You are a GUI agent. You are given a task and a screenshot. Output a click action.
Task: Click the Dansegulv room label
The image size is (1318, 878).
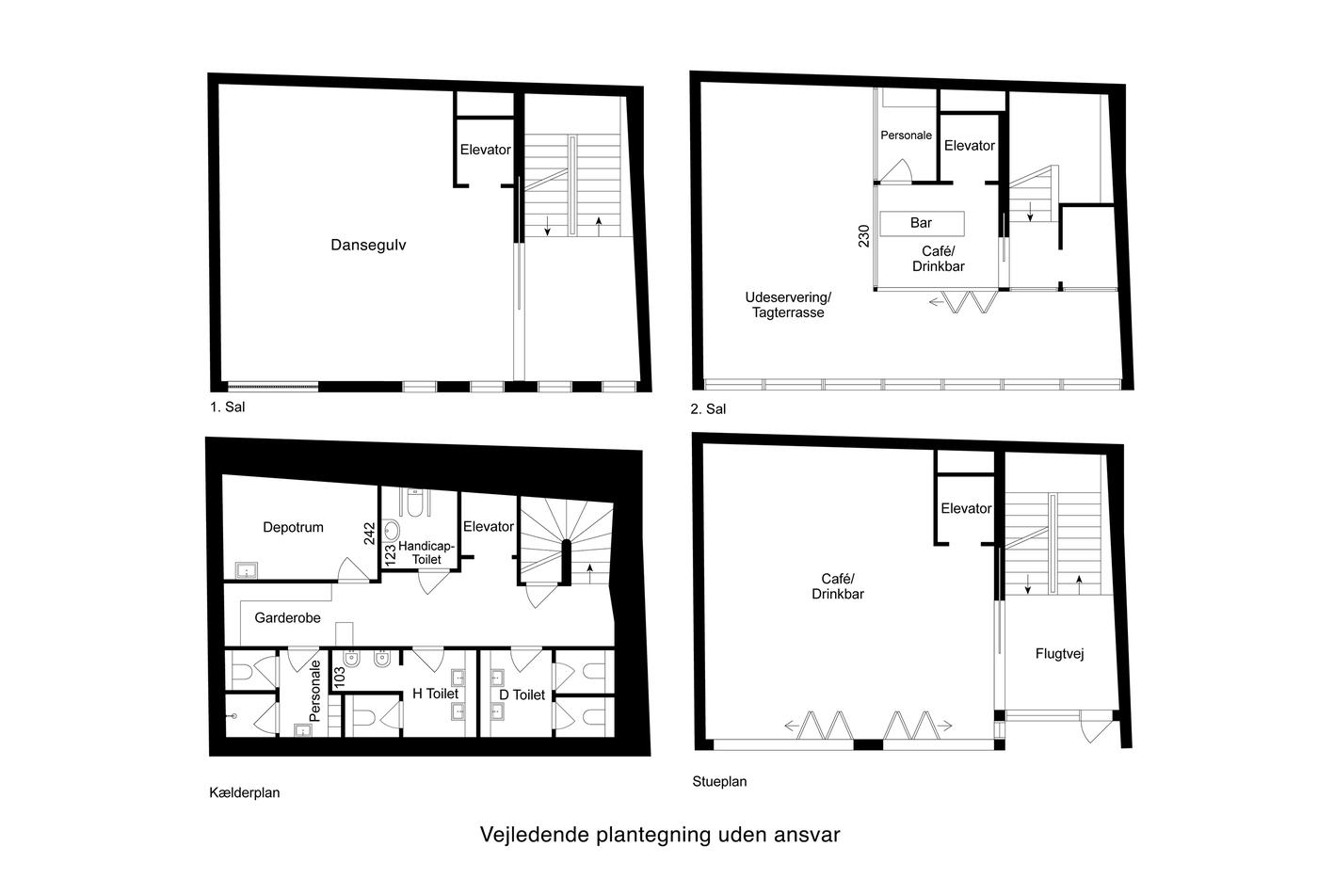click(368, 246)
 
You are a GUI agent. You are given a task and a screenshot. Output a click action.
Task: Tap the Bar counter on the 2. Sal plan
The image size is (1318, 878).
click(922, 223)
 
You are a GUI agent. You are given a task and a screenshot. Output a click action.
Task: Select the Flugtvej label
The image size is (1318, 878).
click(1060, 654)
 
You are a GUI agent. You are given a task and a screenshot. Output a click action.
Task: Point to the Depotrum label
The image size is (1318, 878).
click(293, 528)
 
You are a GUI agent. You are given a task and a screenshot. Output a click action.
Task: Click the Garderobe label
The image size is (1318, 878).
click(288, 618)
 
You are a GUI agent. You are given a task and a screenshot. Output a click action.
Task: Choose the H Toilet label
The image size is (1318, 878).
click(435, 694)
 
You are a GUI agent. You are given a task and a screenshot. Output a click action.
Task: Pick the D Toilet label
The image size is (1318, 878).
click(522, 695)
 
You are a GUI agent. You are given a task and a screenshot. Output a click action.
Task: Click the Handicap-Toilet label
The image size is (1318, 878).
click(426, 552)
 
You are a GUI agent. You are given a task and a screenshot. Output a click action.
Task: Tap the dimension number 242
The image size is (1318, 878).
click(369, 534)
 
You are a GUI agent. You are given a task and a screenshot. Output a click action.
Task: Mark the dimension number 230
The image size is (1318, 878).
click(864, 236)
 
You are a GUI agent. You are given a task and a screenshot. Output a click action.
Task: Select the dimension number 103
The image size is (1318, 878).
click(340, 678)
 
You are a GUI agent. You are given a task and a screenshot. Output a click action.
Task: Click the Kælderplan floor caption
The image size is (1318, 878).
click(245, 792)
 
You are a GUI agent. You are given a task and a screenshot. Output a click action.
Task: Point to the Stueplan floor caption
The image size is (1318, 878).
click(719, 782)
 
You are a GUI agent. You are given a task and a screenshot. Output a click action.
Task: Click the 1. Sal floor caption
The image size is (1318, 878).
click(228, 407)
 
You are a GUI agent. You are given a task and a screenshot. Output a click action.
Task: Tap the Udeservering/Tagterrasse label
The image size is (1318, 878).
click(788, 305)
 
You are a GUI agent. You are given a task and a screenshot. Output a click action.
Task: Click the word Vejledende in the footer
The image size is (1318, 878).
click(535, 835)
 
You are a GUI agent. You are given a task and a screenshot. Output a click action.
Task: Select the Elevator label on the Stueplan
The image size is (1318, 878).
click(966, 509)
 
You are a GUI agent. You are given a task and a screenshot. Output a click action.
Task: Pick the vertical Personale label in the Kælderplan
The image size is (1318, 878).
click(314, 691)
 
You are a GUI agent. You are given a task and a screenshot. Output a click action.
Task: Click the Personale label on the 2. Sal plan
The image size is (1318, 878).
click(906, 136)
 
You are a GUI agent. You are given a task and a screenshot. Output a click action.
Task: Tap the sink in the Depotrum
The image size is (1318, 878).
click(246, 570)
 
